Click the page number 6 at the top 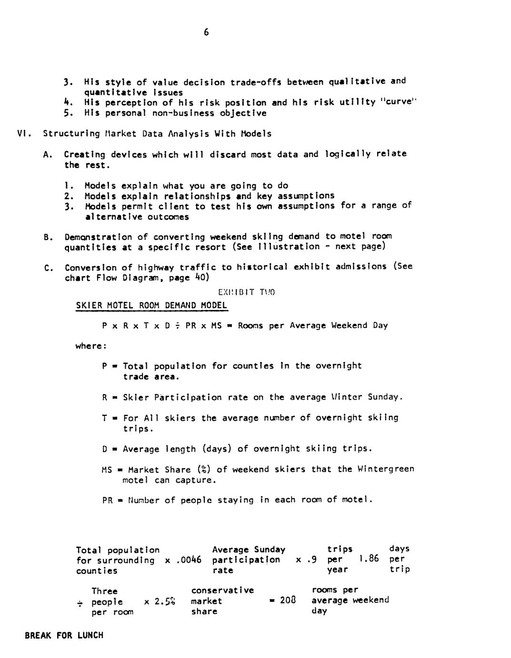[206, 32]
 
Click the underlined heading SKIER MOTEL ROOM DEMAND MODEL [151, 305]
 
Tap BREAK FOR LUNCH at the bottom [64, 635]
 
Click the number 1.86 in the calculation [369, 558]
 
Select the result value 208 [288, 600]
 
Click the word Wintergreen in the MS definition [386, 469]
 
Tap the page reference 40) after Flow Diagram [200, 277]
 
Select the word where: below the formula [90, 346]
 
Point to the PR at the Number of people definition [108, 500]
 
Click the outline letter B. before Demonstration [48, 237]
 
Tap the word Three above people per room [104, 591]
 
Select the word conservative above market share [222, 591]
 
